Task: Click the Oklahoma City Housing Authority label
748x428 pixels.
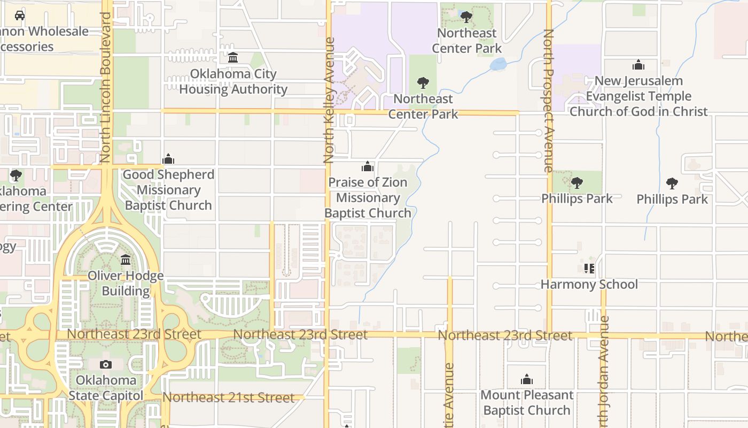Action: click(233, 81)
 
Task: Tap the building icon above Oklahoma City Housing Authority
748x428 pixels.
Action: click(233, 57)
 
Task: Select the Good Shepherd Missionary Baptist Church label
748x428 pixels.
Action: click(168, 190)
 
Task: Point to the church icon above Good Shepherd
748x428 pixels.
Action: click(168, 159)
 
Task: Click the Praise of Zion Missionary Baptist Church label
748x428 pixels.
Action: click(368, 197)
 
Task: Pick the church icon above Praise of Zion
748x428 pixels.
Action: click(368, 166)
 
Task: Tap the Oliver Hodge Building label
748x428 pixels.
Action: click(126, 284)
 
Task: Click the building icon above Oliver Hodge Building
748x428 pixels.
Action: click(126, 260)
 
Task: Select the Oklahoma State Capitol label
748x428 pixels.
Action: click(106, 388)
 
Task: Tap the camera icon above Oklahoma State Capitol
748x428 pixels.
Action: click(106, 365)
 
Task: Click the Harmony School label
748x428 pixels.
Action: click(589, 284)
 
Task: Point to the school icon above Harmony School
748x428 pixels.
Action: click(589, 268)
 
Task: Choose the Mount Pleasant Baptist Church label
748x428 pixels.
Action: click(527, 402)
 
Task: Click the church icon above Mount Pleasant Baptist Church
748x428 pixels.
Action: click(527, 380)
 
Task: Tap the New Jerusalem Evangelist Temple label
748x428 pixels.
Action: click(638, 96)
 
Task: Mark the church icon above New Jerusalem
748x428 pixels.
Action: click(638, 65)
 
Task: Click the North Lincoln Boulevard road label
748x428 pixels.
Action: click(105, 87)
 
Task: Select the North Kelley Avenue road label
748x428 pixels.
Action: click(329, 100)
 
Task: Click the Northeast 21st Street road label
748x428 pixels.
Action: click(228, 398)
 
